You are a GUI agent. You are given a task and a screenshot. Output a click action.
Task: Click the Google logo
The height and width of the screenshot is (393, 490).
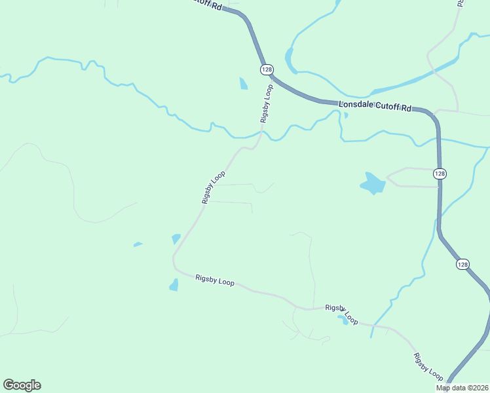(x=22, y=385)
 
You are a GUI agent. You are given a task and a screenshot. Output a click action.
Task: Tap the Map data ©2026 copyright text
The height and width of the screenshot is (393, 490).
(x=462, y=388)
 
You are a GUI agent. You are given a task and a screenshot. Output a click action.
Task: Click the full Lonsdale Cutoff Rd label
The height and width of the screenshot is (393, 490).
(x=374, y=106)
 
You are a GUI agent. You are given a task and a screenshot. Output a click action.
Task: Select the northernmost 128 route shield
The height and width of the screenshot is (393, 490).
(x=266, y=69)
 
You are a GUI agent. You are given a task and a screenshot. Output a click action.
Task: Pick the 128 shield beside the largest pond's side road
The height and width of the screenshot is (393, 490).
(x=440, y=174)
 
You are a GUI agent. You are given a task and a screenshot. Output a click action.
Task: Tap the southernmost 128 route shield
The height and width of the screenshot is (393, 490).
(x=462, y=264)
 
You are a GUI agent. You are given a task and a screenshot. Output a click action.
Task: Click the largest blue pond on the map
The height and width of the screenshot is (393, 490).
(x=373, y=183)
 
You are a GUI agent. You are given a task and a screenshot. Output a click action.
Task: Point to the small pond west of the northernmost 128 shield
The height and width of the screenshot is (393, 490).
(x=244, y=84)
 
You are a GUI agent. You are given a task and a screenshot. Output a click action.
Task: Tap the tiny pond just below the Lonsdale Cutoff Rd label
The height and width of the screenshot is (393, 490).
(x=346, y=116)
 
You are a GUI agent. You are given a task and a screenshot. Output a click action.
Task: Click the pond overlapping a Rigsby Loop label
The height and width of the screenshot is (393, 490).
(x=342, y=320)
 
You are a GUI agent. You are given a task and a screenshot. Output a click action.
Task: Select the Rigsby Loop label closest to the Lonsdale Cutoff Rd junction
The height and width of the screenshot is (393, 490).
(x=266, y=103)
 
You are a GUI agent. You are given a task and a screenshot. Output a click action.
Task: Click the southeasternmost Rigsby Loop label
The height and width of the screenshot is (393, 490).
(x=428, y=367)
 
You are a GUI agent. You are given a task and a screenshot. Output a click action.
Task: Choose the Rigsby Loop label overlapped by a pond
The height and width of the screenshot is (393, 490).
(x=342, y=314)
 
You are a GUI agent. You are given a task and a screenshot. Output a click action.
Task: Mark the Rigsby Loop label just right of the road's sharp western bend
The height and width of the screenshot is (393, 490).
(x=215, y=280)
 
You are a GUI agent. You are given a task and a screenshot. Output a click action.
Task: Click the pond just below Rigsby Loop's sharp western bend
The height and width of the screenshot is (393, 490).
(x=174, y=285)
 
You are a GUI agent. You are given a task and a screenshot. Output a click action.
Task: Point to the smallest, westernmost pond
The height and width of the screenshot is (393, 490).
(x=138, y=244)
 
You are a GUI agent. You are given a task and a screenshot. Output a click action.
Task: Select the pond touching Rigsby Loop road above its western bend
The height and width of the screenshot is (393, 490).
(x=176, y=239)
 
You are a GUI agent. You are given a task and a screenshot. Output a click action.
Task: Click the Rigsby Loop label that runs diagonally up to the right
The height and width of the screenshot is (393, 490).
(x=214, y=187)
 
